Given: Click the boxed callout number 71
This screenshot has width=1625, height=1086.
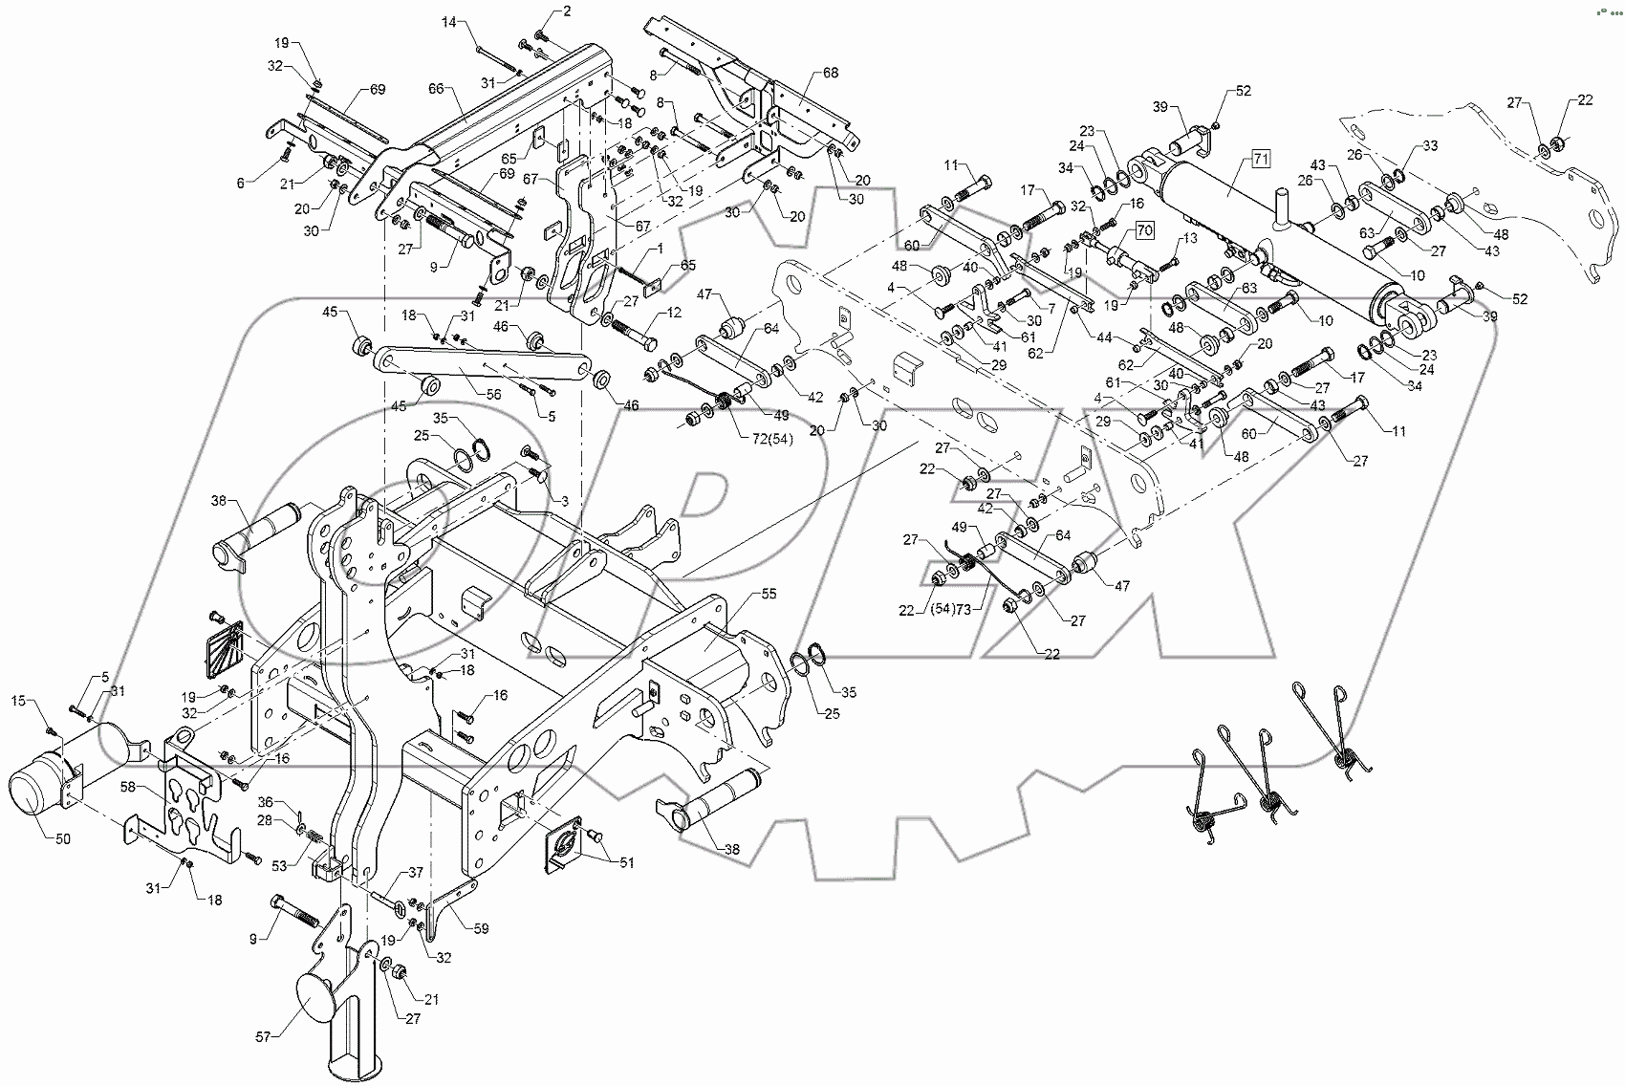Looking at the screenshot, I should tap(1260, 159).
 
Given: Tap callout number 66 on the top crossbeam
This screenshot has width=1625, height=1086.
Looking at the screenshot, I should tap(436, 88).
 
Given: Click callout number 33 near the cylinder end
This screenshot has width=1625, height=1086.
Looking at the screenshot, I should tap(1430, 146).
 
